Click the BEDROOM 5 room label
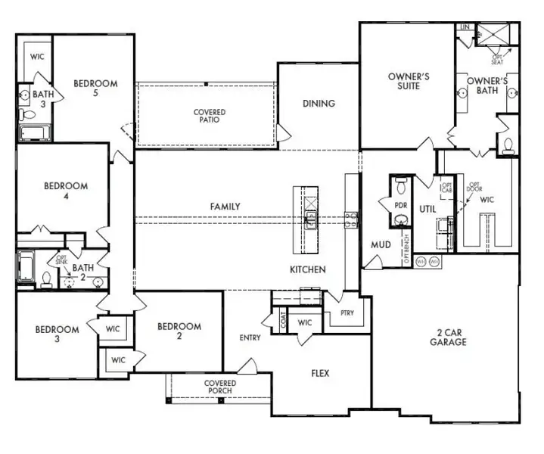(x=95, y=89)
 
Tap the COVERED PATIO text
(x=210, y=117)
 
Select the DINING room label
(x=319, y=104)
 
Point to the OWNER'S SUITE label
(x=409, y=81)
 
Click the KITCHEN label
(x=307, y=269)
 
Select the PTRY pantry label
(x=347, y=313)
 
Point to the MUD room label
(x=380, y=245)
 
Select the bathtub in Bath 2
(x=25, y=266)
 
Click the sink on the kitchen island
(x=310, y=220)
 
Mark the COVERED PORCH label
(x=220, y=387)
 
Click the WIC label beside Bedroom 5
(x=38, y=57)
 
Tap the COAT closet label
(x=284, y=322)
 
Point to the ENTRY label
(x=250, y=337)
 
